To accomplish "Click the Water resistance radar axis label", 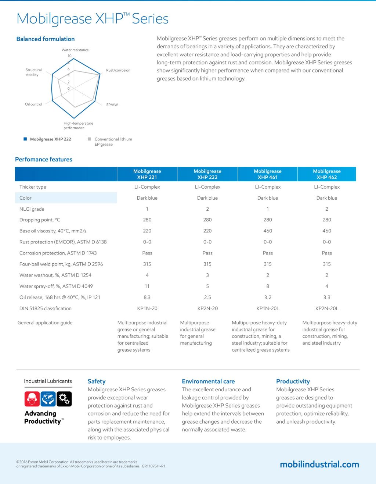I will (x=75, y=50).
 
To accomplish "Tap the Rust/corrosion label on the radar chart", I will (x=118, y=70).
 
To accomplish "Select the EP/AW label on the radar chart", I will (x=112, y=105).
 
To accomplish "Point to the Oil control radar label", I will (x=33, y=104).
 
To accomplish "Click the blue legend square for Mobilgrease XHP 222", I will (x=25, y=139).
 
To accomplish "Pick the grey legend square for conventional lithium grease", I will (x=89, y=139).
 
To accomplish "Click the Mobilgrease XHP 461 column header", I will (x=267, y=174).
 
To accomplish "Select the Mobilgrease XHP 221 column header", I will (x=147, y=174).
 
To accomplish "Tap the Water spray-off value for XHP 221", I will (x=147, y=286).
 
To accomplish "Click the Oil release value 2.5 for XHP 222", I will (x=207, y=297).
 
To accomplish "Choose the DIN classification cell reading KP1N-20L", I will (x=268, y=308).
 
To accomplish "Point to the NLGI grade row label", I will (x=32, y=209).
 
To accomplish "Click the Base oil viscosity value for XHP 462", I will (x=327, y=231).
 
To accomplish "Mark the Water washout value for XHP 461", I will (x=268, y=275).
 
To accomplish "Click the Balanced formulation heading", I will (x=46, y=39).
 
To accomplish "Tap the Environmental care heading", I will (x=208, y=381).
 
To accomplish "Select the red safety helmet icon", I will (x=32, y=399).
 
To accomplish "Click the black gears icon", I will (x=65, y=399).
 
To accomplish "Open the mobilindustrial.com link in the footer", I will (x=319, y=464).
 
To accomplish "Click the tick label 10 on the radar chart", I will (x=69, y=56).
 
